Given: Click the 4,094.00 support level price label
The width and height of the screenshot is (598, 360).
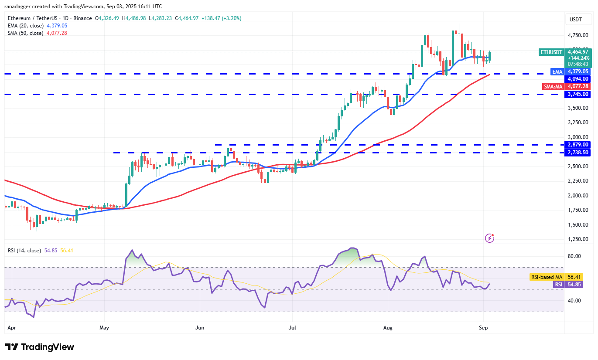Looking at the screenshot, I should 578,79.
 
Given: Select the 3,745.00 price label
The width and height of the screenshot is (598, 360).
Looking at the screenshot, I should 578,94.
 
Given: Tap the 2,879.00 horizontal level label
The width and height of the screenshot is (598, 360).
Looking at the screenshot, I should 578,145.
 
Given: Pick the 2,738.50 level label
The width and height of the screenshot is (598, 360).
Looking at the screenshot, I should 578,153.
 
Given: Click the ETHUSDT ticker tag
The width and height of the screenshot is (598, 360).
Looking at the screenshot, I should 551,52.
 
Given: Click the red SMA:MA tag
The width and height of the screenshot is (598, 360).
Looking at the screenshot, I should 553,87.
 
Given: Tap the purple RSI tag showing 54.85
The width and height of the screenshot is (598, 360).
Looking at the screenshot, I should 558,284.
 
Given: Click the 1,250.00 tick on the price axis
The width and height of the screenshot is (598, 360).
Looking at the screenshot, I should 578,239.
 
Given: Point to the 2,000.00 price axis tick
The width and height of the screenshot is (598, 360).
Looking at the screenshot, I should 578,195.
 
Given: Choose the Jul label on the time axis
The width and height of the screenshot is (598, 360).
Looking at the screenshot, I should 291,326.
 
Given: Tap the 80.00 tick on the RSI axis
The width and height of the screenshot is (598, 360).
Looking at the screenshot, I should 575,256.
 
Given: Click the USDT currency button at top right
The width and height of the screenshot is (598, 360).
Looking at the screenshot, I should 577,20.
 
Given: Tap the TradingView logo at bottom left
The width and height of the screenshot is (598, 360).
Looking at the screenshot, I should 40,347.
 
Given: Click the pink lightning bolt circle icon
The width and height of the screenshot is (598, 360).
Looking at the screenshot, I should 489,238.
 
